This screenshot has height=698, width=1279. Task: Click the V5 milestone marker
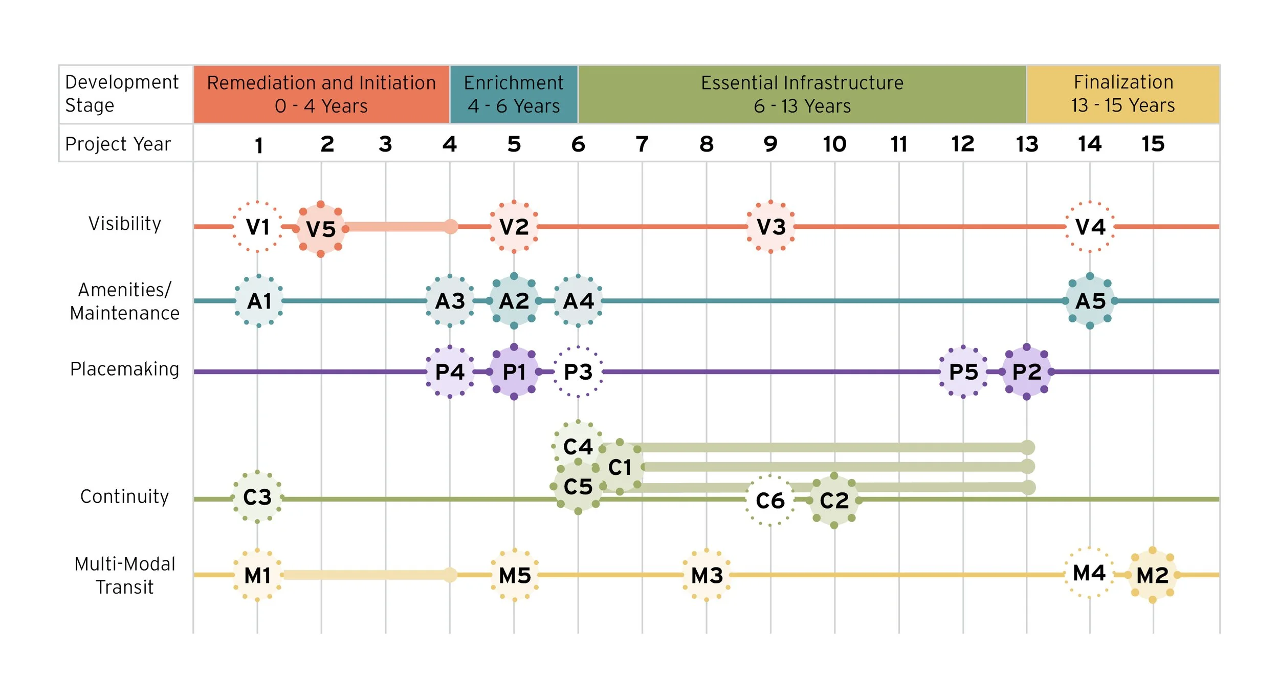(x=321, y=229)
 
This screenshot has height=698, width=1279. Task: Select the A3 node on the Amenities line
(x=450, y=301)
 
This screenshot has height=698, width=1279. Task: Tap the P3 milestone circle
(x=578, y=372)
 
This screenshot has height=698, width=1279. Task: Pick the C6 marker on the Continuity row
(x=770, y=500)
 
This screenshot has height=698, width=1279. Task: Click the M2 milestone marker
(x=1152, y=575)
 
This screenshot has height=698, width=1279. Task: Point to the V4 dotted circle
(x=1090, y=227)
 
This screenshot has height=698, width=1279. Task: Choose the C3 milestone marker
(x=257, y=497)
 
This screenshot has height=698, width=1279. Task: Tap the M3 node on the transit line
(x=707, y=575)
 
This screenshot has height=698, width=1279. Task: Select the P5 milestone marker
(x=963, y=372)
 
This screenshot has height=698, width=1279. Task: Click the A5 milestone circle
(x=1090, y=301)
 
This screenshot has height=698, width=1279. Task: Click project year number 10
(x=834, y=144)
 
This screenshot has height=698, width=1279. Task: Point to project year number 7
(x=642, y=144)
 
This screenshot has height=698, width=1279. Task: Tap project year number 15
(x=1153, y=144)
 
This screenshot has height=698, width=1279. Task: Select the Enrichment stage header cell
(x=514, y=94)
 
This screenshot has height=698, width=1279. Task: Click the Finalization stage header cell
(x=1123, y=94)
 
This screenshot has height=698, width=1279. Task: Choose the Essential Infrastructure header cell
(x=802, y=94)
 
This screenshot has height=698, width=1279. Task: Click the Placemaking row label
(x=125, y=369)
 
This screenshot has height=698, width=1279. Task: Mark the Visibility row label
(x=125, y=224)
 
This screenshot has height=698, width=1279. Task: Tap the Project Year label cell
(x=118, y=144)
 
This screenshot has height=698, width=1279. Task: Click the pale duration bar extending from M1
(x=366, y=575)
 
